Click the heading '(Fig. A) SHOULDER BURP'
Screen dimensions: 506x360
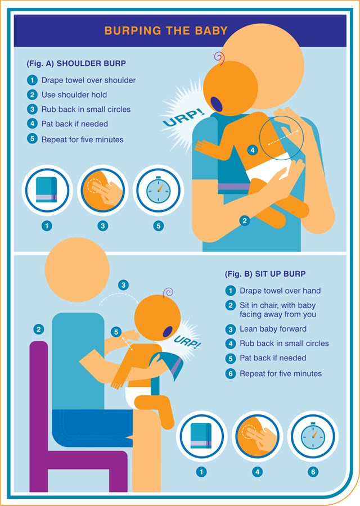(76, 63)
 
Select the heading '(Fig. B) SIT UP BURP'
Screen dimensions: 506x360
(265, 274)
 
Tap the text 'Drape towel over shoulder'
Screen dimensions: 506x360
(88, 80)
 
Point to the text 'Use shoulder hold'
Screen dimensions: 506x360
(74, 95)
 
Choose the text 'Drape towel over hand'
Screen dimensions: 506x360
(280, 291)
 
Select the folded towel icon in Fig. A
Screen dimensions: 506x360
(46, 191)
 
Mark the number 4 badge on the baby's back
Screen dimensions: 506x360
(253, 150)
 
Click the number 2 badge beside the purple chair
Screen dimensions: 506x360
(38, 329)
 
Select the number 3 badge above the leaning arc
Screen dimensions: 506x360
(123, 285)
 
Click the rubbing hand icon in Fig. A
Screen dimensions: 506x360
(102, 191)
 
